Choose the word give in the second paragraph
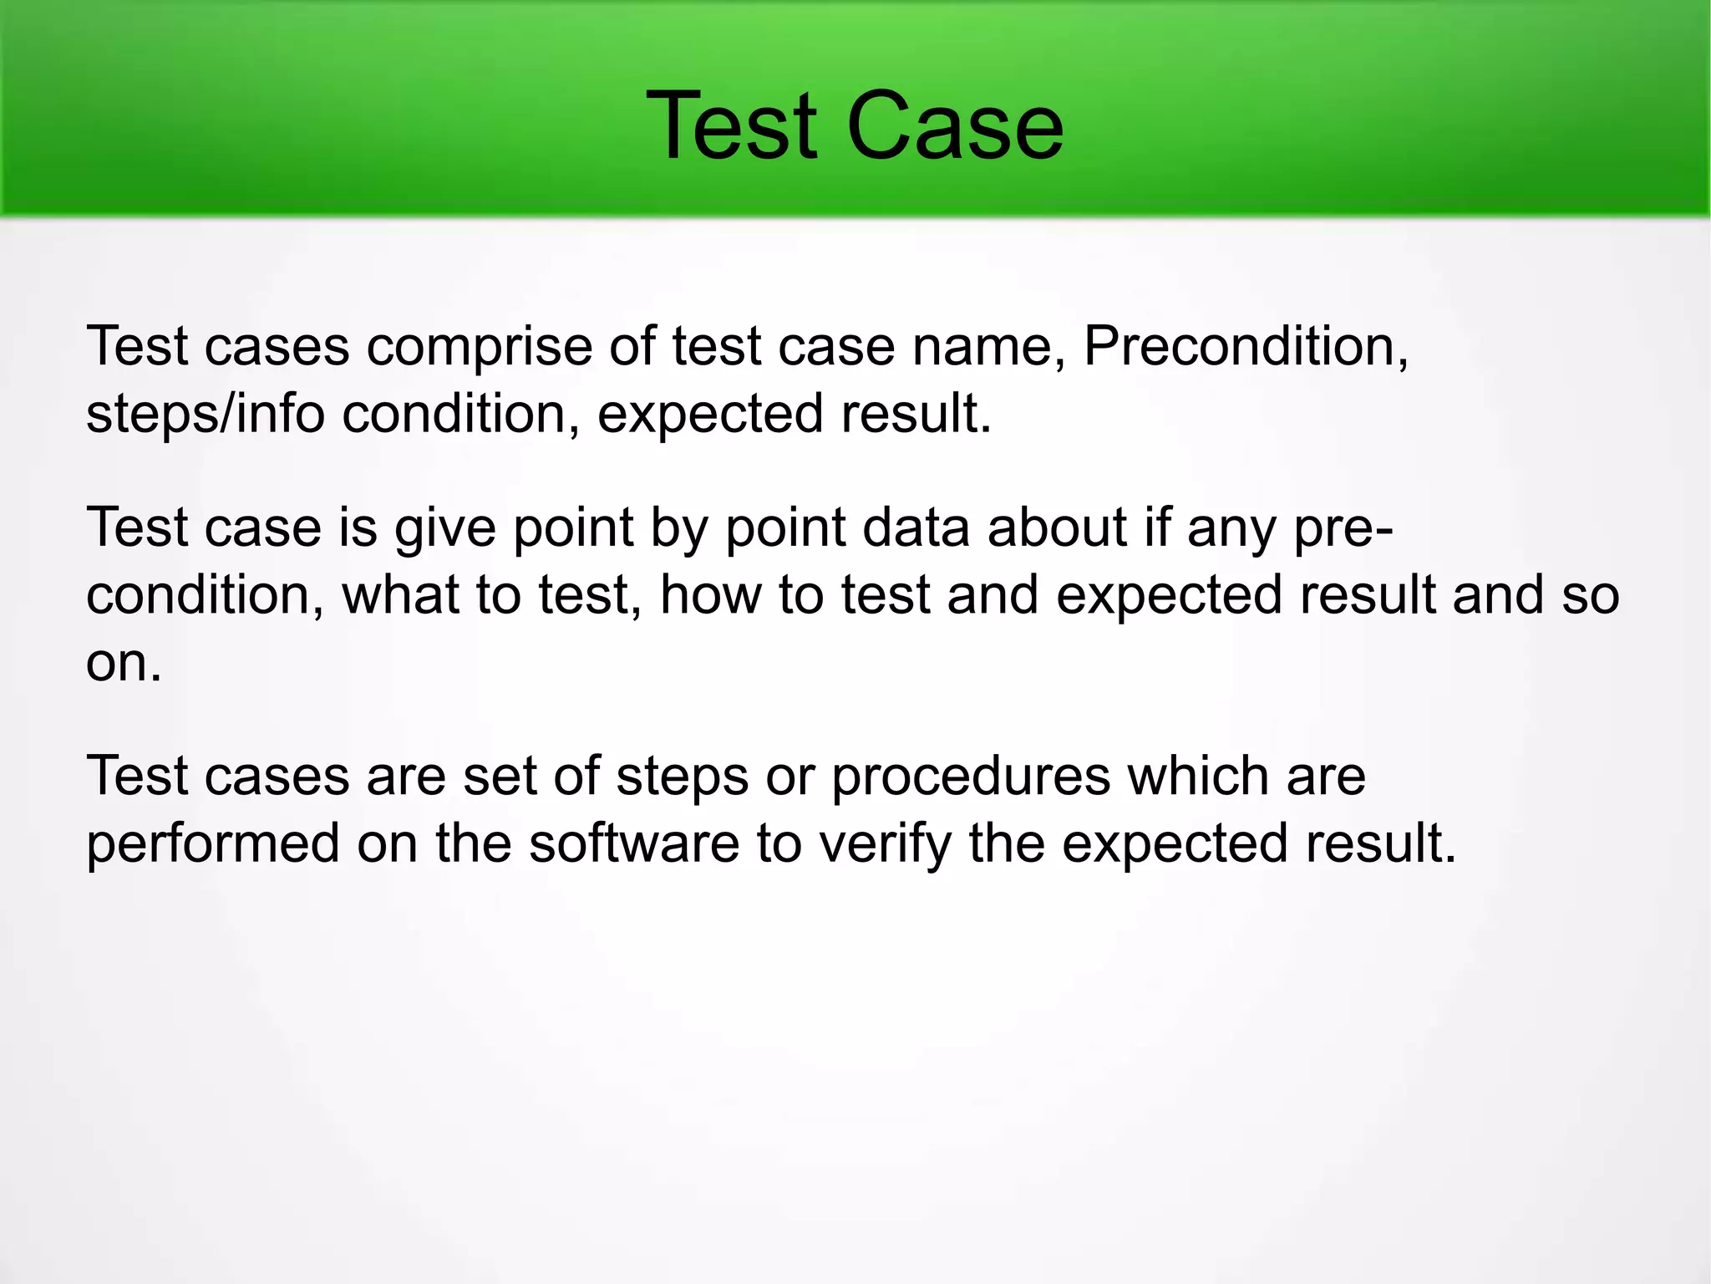(x=444, y=529)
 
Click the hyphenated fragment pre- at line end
(x=1343, y=529)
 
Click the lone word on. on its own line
(x=123, y=663)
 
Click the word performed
(x=213, y=844)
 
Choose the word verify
(x=886, y=844)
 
